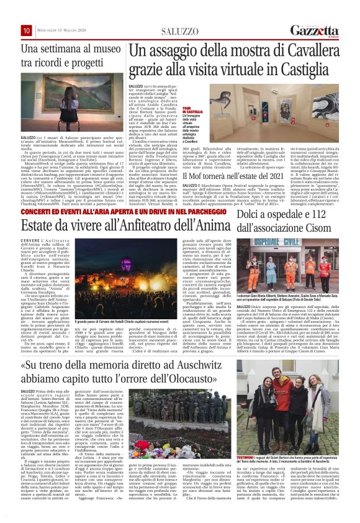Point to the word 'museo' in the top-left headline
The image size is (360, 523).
[106, 48]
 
